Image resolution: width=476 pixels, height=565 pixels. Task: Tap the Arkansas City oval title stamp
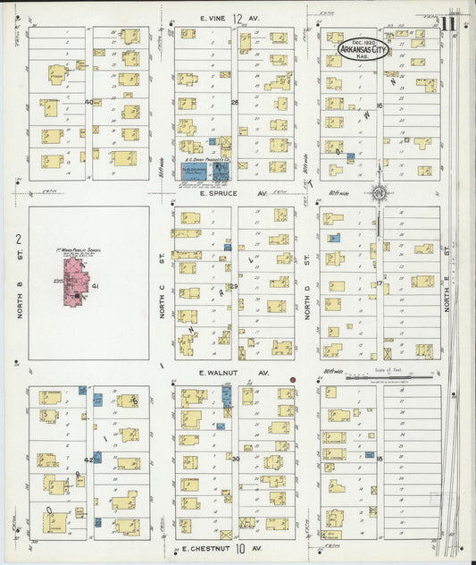363,50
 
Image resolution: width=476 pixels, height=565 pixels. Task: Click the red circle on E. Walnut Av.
291,380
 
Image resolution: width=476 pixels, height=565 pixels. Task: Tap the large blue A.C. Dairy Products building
195,173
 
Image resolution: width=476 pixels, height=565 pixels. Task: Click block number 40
89,102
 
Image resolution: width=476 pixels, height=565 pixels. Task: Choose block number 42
88,459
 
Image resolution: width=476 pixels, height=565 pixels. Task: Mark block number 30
236,459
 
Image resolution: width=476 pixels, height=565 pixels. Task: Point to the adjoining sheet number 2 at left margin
17,239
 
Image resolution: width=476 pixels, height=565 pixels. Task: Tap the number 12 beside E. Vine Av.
238,19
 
